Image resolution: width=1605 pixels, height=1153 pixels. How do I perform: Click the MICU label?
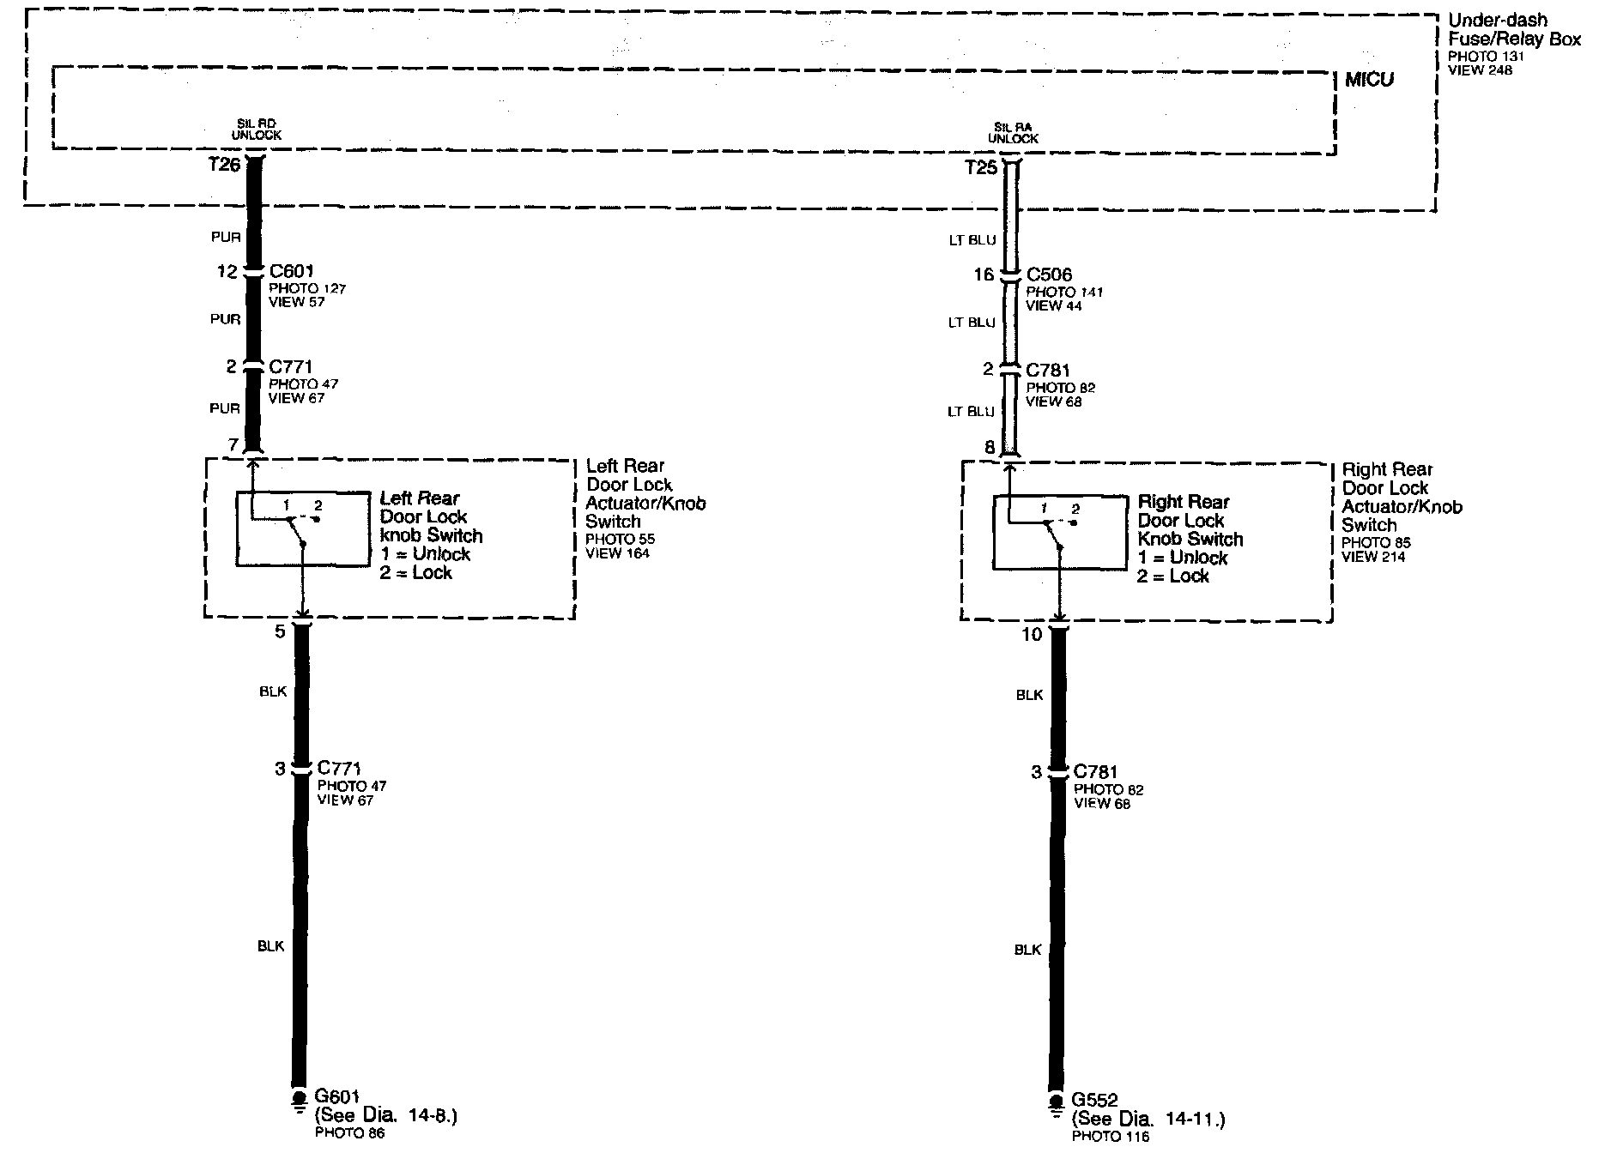1369,80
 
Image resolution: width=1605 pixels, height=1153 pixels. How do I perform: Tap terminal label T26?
224,164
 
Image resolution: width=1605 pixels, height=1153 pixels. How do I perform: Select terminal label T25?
981,167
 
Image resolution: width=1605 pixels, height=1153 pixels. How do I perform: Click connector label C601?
291,272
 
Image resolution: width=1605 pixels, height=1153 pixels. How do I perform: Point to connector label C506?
1049,275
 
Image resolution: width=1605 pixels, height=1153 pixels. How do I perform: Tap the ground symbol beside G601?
299,1100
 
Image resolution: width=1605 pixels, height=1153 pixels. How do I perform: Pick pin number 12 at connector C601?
227,272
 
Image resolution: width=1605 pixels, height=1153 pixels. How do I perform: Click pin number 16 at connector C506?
984,275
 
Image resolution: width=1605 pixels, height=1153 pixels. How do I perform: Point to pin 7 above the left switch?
233,444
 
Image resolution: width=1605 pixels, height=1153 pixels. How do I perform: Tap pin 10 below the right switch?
1032,634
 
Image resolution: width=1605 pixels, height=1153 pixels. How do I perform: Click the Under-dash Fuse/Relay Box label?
1514,30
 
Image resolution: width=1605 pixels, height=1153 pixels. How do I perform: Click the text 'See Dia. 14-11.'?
1148,1120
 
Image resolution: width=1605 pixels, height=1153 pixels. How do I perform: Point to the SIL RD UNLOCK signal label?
256,129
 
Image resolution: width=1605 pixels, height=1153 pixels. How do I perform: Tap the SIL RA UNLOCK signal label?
1013,132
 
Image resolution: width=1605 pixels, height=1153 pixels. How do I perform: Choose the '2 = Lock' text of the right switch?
1172,576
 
